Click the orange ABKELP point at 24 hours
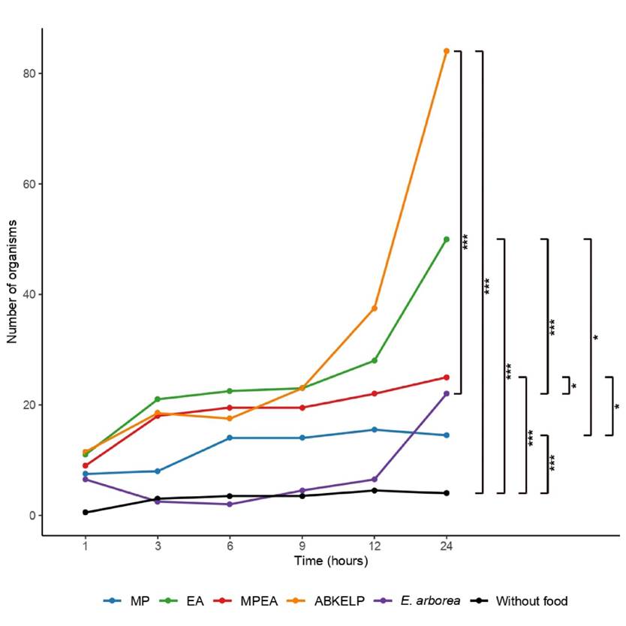[447, 51]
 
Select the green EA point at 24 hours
[447, 239]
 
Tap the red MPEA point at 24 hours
[447, 378]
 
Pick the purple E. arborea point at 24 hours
[447, 394]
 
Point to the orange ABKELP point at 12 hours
[374, 308]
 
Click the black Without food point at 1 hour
[85, 513]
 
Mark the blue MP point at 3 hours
[157, 471]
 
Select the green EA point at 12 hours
[374, 361]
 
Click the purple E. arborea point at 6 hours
[230, 504]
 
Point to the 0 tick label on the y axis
[31, 516]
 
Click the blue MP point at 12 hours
[374, 430]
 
